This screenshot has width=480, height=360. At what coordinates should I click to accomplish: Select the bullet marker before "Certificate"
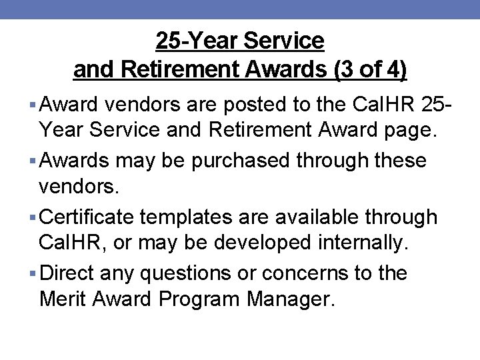(x=33, y=217)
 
